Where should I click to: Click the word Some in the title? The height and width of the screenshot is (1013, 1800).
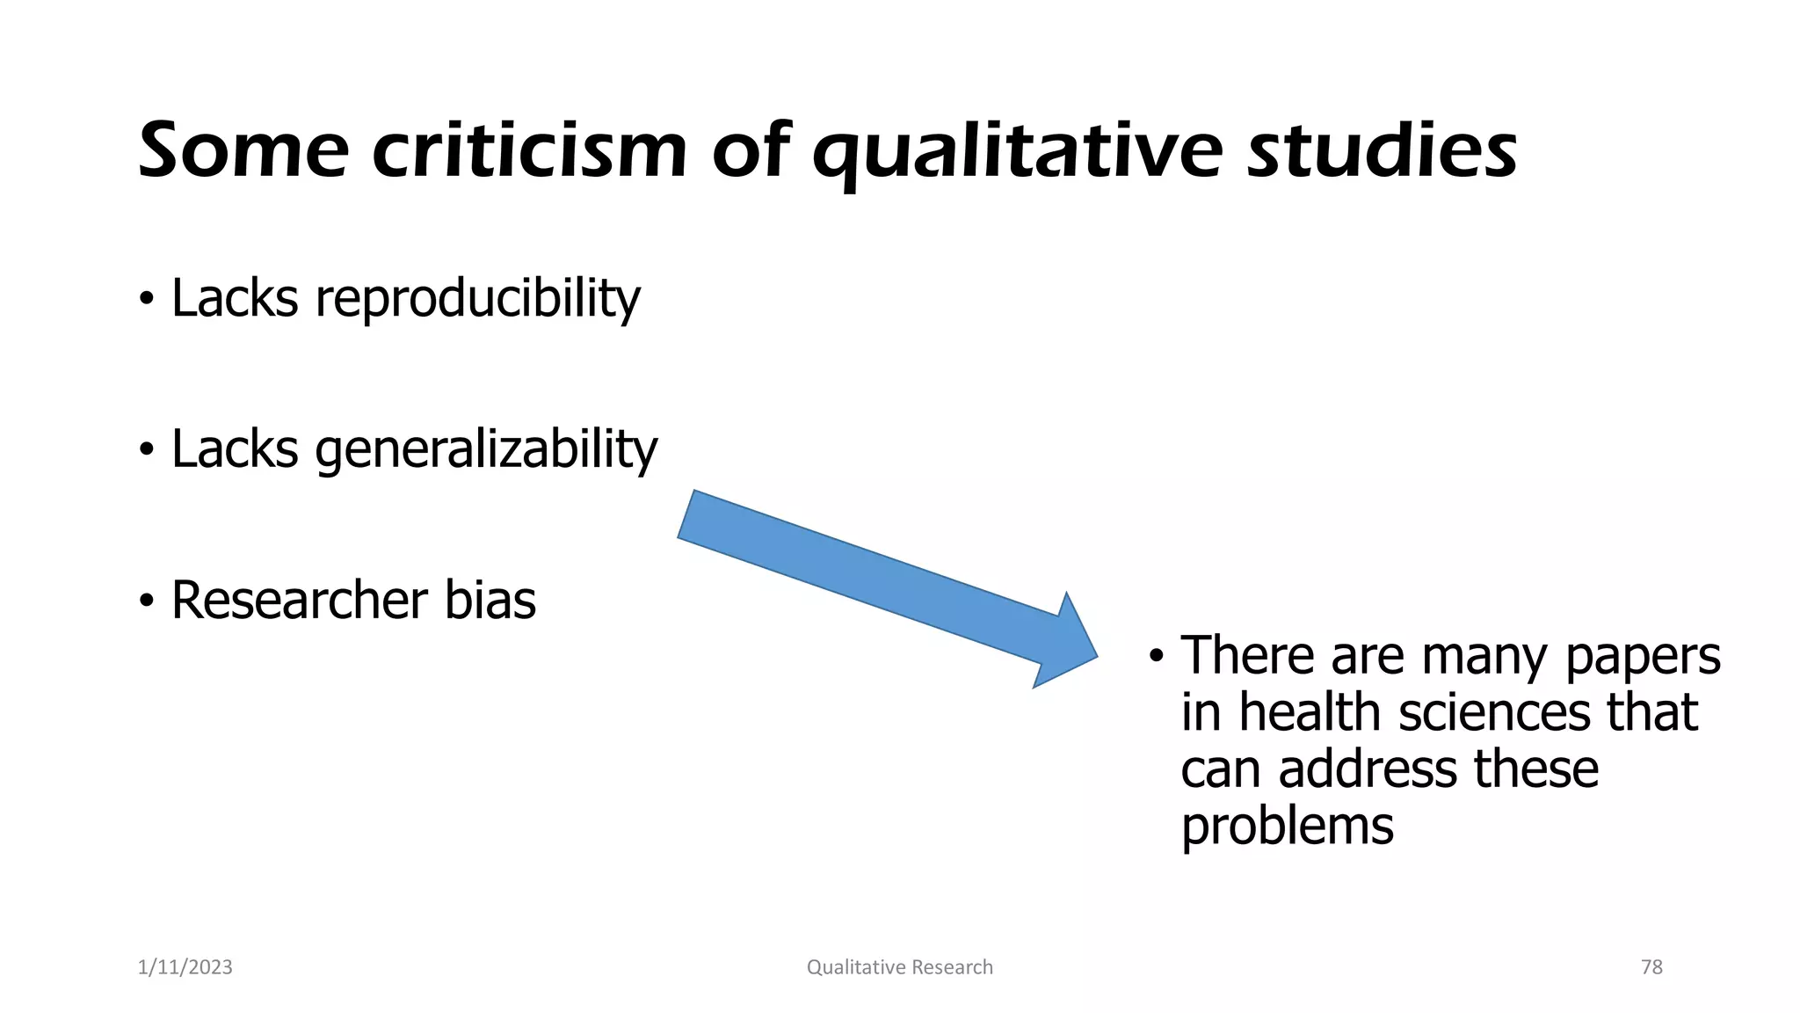[243, 151]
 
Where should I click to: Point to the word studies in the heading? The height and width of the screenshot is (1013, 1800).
[1382, 151]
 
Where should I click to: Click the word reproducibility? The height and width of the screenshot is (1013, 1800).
[477, 299]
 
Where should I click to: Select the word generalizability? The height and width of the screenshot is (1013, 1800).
[485, 450]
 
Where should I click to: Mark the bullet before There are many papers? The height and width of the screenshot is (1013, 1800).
[1156, 658]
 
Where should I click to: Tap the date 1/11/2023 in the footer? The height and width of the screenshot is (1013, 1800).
[185, 967]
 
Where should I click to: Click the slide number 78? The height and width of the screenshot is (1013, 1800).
[1651, 967]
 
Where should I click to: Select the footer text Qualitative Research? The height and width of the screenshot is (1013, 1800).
[899, 967]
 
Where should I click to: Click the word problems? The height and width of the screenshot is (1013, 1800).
[1287, 827]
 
